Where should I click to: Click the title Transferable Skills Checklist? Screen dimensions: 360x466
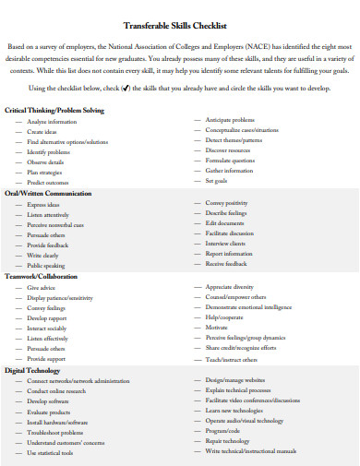click(x=179, y=26)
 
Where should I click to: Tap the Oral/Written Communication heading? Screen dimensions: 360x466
click(x=49, y=193)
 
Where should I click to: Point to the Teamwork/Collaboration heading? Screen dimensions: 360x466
click(x=42, y=276)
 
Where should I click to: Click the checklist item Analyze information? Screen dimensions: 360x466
click(x=53, y=122)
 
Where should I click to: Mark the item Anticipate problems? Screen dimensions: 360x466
click(x=230, y=120)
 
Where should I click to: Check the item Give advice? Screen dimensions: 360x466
click(x=42, y=288)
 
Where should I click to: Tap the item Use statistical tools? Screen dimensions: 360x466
click(x=51, y=453)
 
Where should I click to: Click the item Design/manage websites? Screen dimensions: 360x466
click(x=234, y=380)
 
